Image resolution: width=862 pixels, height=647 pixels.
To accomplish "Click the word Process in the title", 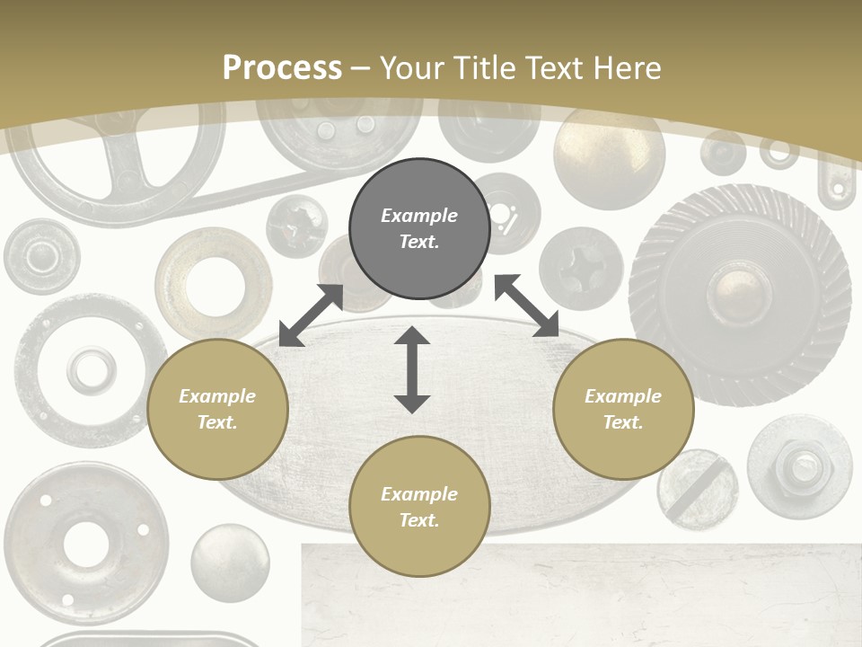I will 282,68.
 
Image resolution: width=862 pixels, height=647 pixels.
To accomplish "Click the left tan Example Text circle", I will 217,409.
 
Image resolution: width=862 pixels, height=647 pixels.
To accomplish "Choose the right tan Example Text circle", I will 623,409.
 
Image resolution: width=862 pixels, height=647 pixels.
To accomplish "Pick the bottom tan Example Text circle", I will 419,507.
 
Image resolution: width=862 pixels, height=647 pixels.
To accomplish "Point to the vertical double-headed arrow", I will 412,369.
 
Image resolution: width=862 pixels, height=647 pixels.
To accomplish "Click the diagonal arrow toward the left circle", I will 311,315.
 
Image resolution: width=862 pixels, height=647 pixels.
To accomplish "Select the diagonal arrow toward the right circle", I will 526,306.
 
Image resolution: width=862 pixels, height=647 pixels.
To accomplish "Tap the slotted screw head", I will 697,490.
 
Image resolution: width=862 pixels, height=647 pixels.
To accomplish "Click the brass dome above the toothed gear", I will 609,158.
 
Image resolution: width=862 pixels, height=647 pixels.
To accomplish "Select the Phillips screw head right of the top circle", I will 580,268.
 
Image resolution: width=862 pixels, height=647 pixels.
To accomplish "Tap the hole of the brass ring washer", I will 213,284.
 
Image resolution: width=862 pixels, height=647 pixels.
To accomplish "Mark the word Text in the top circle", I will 419,242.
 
